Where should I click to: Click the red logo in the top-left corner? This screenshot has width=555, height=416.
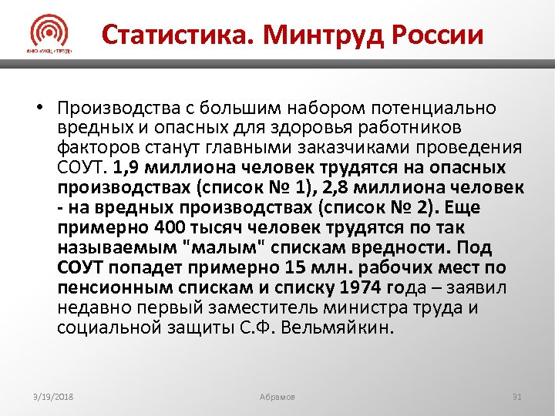coord(49,35)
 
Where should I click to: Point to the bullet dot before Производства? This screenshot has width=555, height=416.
coord(36,108)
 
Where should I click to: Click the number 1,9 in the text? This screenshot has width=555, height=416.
coord(126,168)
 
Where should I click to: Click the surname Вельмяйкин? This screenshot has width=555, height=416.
coord(346,328)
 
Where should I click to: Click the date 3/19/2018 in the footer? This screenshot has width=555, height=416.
coord(53,397)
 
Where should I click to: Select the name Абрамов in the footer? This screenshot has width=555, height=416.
coord(277,397)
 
